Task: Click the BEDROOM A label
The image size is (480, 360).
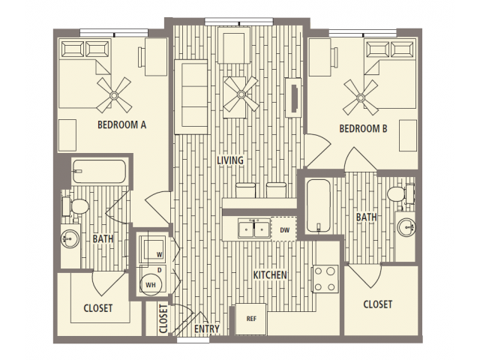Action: (121, 125)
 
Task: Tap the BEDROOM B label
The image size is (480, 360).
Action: (363, 128)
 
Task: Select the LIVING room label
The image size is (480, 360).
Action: (230, 160)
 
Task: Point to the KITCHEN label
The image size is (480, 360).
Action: (270, 275)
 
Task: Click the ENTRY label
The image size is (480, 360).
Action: (207, 329)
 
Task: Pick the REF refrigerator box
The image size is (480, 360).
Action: (250, 319)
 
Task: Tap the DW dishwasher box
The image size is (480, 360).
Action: (284, 229)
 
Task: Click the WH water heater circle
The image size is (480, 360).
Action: (151, 285)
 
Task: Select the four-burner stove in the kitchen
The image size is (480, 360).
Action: (325, 279)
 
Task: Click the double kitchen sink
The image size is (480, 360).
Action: (254, 229)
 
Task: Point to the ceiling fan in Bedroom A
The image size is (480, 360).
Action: (114, 95)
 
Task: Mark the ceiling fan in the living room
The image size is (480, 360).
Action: (241, 94)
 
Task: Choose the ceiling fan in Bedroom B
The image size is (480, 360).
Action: (361, 97)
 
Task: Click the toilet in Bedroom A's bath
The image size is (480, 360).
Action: (76, 205)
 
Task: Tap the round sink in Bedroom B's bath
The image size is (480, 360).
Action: (406, 227)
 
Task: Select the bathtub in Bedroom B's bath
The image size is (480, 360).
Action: (318, 205)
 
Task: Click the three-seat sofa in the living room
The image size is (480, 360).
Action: (190, 97)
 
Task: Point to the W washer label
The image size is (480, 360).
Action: (160, 254)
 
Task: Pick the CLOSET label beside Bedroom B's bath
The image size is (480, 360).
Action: (378, 304)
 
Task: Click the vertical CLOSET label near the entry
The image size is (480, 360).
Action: (163, 318)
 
